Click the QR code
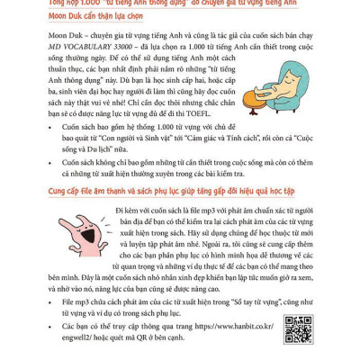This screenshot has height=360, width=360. pyautogui.click(x=298, y=329)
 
